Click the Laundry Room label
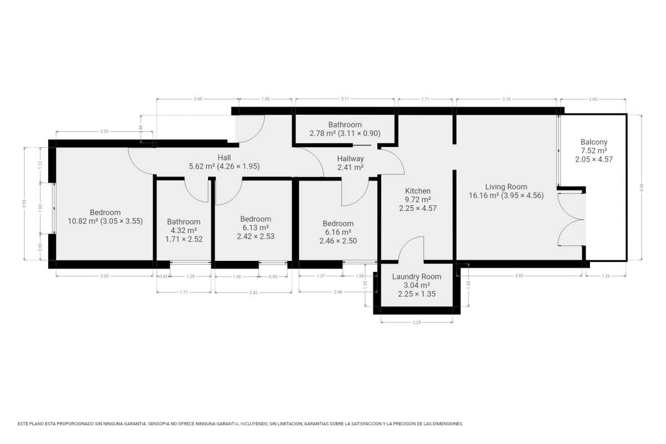pyautogui.click(x=417, y=276)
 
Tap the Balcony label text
pyautogui.click(x=594, y=142)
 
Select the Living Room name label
pyautogui.click(x=506, y=187)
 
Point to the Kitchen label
pyautogui.click(x=418, y=191)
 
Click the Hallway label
pyautogui.click(x=351, y=159)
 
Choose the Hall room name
pyautogui.click(x=224, y=157)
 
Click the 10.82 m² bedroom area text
pyautogui.click(x=83, y=221)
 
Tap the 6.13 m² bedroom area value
pyautogui.click(x=256, y=228)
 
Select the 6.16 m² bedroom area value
pyautogui.click(x=338, y=232)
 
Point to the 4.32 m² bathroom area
pyautogui.click(x=184, y=230)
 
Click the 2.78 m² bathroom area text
pyautogui.click(x=323, y=133)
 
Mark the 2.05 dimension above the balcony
pyautogui.click(x=593, y=99)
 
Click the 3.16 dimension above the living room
pyautogui.click(x=506, y=99)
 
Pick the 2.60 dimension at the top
pyautogui.click(x=198, y=99)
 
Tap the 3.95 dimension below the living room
pyautogui.click(x=519, y=276)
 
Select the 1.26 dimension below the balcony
pyautogui.click(x=606, y=276)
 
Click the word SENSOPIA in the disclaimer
pyautogui.click(x=159, y=424)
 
